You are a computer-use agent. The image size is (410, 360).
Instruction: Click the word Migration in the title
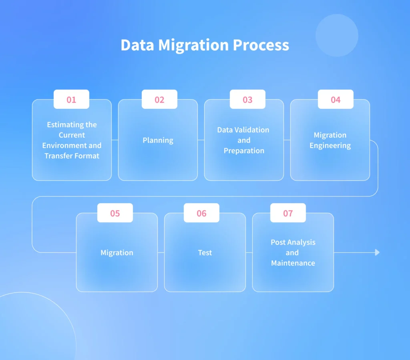193,46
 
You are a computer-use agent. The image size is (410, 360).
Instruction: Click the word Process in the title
261,45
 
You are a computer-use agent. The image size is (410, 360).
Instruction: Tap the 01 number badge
71,99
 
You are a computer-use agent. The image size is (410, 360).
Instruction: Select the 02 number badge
159,99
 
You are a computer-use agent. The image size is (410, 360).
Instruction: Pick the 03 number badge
247,99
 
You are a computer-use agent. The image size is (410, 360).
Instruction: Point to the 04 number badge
336,99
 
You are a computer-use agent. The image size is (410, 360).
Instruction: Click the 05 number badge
115,213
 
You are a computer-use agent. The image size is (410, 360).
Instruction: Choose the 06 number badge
202,213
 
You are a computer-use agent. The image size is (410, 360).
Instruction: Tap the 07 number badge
288,213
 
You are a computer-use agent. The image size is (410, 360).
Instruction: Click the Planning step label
158,140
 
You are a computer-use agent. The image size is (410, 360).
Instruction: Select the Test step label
205,253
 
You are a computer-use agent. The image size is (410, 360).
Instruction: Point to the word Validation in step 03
252,130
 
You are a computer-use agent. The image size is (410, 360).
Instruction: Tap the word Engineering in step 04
330,146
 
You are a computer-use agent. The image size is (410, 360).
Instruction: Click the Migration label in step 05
117,253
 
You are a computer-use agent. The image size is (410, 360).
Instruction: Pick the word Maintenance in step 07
293,263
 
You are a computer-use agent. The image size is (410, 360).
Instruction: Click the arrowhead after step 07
377,252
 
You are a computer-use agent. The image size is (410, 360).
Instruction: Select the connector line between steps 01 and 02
115,140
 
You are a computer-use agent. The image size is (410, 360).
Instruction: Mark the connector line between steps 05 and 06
161,253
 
